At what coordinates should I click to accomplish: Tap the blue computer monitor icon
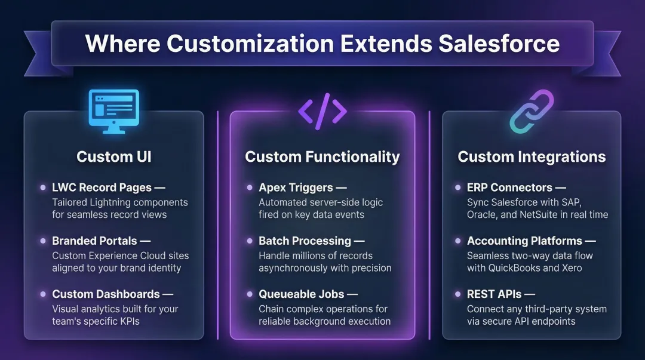pyautogui.click(x=113, y=111)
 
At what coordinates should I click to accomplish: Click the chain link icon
pyautogui.click(x=532, y=112)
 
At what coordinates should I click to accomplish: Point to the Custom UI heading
pyautogui.click(x=113, y=157)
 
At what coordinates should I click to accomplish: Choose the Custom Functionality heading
pyautogui.click(x=322, y=157)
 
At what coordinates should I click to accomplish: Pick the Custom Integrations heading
pyautogui.click(x=532, y=157)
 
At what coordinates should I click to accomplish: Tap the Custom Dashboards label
pyautogui.click(x=106, y=294)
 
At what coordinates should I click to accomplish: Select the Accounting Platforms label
pyautogui.click(x=524, y=241)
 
